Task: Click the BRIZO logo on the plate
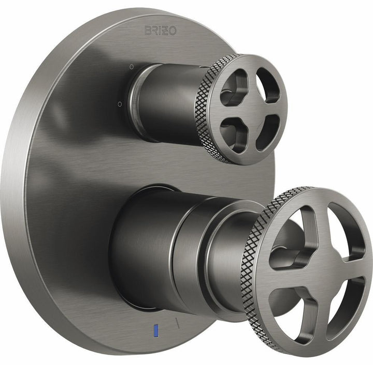(160, 31)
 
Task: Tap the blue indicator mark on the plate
(156, 330)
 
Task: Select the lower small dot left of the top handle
(120, 104)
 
